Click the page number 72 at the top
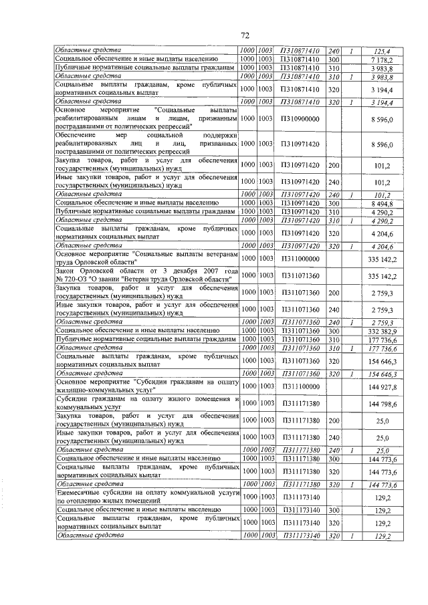pos(245,35)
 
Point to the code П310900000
pos(300,118)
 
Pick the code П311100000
pos(300,386)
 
